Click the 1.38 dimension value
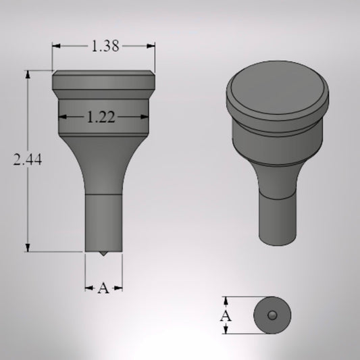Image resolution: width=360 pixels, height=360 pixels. (x=104, y=47)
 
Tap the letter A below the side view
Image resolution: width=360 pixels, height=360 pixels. (x=103, y=288)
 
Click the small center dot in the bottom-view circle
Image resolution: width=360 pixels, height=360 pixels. (x=272, y=315)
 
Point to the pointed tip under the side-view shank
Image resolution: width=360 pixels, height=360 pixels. (x=103, y=255)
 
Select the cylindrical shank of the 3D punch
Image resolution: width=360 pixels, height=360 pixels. (x=277, y=216)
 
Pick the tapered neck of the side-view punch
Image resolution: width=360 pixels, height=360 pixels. (x=103, y=165)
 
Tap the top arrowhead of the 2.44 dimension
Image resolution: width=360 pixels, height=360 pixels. (x=28, y=73)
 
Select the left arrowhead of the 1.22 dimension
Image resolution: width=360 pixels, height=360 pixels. (x=63, y=117)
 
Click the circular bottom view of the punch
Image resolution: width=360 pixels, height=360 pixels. (x=272, y=315)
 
